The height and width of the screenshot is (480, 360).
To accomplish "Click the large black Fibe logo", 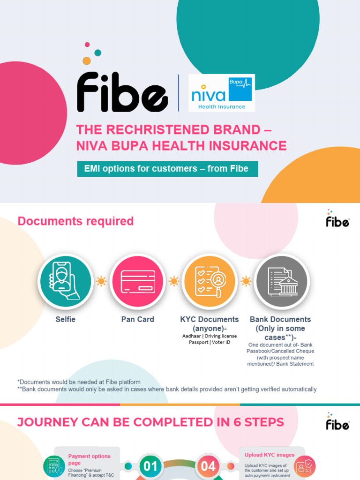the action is [x=122, y=92].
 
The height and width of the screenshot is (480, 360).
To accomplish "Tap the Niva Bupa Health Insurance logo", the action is [x=221, y=93].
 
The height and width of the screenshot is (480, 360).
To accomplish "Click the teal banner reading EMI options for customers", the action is [x=167, y=169].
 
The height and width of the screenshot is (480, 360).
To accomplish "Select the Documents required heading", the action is [x=75, y=221].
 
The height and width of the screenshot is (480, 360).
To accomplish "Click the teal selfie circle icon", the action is [x=65, y=282].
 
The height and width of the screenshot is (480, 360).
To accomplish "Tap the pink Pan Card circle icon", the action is [x=137, y=282].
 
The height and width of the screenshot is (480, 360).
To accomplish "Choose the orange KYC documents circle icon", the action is [x=209, y=282].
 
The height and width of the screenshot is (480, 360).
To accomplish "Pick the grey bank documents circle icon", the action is [x=281, y=282].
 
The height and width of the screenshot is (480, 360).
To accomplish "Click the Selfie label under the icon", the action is [x=65, y=319].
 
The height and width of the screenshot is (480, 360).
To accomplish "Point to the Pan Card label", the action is [x=137, y=319].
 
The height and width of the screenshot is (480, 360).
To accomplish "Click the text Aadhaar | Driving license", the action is [x=210, y=336].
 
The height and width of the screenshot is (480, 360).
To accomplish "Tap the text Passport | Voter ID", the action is [x=210, y=343].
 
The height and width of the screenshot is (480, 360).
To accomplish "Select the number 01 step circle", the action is [x=150, y=466].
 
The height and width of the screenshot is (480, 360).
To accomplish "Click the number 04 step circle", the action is [x=208, y=466].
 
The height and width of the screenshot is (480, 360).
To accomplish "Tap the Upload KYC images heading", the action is [x=270, y=455].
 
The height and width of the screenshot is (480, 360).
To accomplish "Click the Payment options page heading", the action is [x=89, y=459].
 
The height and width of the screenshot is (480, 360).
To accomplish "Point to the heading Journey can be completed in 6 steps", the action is [x=150, y=422].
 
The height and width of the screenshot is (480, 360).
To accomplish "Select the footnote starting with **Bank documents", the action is [x=167, y=389].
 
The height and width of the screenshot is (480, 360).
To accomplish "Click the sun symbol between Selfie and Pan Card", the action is [x=101, y=281].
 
